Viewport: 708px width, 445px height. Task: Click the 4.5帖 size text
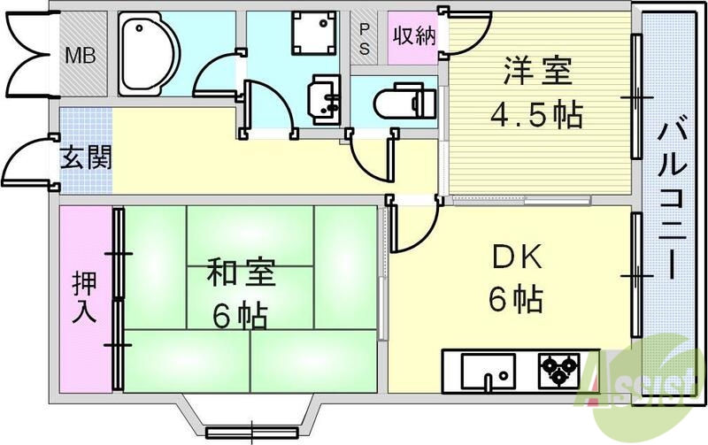[537, 115]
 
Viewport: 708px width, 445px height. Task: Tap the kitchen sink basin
[487, 368]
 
